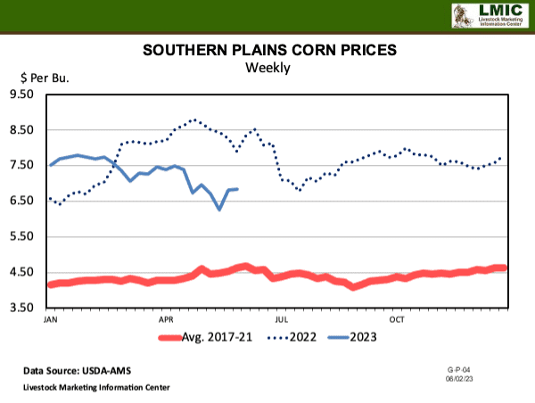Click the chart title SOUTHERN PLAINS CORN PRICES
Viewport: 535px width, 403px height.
(x=267, y=51)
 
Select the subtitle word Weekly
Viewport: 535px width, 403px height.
(x=267, y=68)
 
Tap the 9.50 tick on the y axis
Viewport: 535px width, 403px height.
(x=21, y=95)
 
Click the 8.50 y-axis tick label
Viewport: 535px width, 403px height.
(x=21, y=130)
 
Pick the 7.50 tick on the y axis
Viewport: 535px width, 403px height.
(x=21, y=166)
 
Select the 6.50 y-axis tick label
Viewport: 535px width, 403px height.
(x=21, y=201)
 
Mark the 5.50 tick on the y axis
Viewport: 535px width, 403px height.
(x=21, y=237)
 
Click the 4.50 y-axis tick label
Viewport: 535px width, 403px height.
(x=21, y=273)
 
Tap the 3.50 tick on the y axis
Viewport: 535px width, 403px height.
(x=21, y=308)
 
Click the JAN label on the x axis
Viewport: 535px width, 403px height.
(x=50, y=318)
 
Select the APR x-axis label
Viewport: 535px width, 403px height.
(x=166, y=318)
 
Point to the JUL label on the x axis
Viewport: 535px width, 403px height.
(x=281, y=318)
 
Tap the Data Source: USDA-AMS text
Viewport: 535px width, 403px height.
(x=76, y=369)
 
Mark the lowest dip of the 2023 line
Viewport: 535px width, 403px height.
(x=219, y=210)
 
